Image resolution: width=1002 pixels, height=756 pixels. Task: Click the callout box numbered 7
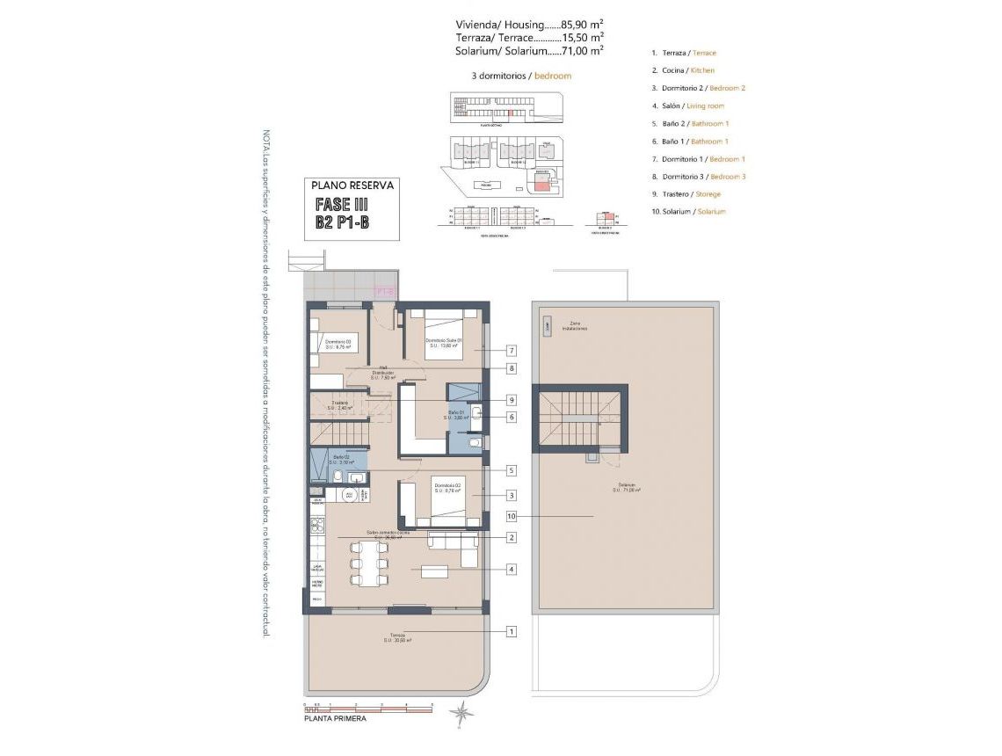511,350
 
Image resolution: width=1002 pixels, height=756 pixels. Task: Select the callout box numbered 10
511,516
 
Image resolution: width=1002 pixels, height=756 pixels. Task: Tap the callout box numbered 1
511,631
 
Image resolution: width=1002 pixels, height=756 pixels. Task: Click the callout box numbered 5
511,470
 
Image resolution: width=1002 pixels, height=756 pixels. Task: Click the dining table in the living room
369,563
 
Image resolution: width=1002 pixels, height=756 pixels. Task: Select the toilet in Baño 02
335,476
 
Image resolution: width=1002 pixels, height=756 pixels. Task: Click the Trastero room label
341,405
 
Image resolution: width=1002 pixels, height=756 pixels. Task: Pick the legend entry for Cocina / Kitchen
683,70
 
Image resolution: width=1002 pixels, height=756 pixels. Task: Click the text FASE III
342,204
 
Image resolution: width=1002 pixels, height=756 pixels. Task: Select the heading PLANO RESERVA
352,185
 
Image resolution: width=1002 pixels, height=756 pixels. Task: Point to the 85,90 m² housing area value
579,24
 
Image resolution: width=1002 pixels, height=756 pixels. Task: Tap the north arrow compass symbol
461,712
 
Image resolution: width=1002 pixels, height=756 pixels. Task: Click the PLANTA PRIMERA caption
335,718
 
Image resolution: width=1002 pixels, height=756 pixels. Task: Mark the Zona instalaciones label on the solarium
577,325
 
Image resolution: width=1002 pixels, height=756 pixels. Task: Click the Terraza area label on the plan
398,637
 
